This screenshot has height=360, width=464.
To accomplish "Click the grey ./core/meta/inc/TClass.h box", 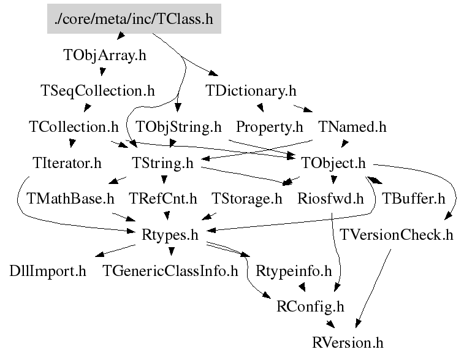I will tap(133, 19).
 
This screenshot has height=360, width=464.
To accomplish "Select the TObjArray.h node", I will tap(105, 55).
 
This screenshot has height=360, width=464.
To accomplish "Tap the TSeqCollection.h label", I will tap(97, 91).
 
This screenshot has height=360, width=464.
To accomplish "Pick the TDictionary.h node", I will tap(251, 91).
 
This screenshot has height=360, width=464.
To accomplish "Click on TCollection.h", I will tap(74, 127).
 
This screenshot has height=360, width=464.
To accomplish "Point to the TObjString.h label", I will tap(178, 127).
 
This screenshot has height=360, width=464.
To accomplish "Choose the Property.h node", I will tap(270, 127).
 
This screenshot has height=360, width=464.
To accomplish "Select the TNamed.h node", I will tap(352, 127).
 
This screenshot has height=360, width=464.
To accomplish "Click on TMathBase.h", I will tap(70, 199).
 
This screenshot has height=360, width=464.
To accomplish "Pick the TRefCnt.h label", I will tap(163, 199).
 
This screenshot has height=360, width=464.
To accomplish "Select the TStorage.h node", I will tap(246, 199).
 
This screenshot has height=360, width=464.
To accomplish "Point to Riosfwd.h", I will tap(330, 199).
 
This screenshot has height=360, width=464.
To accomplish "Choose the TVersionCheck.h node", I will tap(397, 235).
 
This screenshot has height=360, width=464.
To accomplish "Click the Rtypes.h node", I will tap(171, 235).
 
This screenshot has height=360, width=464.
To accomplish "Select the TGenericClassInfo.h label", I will tap(170, 270).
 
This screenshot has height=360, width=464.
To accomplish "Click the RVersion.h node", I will tap(348, 342).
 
